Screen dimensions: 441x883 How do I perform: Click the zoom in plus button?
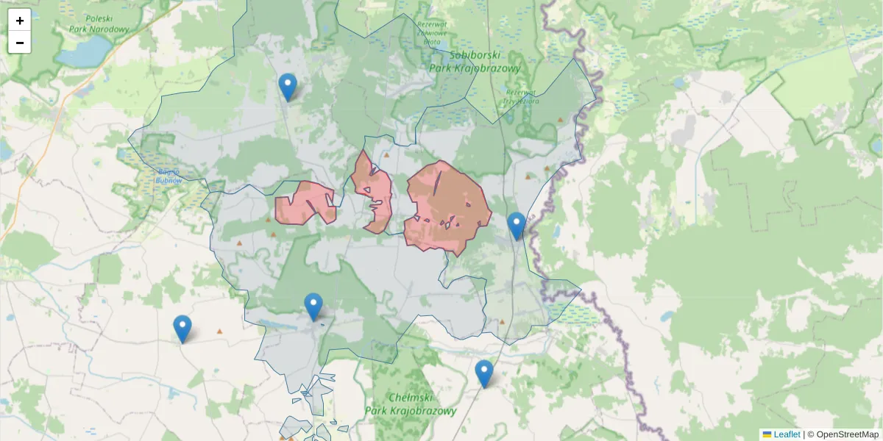(20, 21)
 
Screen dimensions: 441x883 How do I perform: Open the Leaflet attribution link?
(787, 434)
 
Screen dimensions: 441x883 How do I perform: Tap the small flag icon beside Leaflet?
(767, 434)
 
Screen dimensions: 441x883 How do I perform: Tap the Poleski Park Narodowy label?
(99, 24)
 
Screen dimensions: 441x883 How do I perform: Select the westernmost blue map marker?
(182, 329)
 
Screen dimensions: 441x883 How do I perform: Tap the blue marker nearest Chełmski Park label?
(483, 373)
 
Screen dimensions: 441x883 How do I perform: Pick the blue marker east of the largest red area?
(517, 226)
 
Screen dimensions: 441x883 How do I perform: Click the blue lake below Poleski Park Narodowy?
(82, 51)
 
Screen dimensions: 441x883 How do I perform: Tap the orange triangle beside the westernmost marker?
(219, 331)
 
